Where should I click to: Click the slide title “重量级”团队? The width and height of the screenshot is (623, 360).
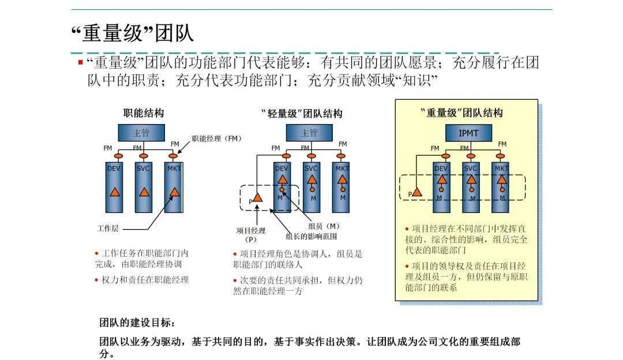click(132, 33)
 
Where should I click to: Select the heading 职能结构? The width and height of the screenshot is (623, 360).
click(144, 113)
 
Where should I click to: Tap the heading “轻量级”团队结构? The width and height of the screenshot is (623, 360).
click(302, 113)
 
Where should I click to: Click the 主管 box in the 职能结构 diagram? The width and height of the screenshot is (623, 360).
click(142, 133)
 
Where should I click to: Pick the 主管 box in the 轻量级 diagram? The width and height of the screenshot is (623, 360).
click(309, 133)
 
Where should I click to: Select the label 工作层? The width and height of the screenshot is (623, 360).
click(107, 228)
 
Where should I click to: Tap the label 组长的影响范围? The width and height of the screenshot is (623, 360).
click(311, 236)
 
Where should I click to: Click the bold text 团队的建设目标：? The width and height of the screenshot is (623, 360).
click(136, 322)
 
